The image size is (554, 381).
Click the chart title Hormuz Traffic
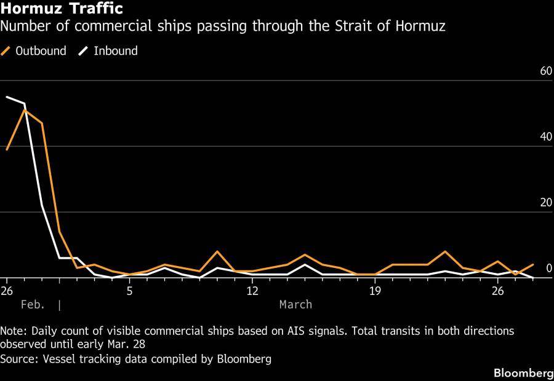click(62, 9)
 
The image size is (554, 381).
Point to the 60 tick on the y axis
click(545, 71)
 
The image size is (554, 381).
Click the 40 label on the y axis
click(545, 137)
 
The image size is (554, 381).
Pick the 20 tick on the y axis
click(545, 203)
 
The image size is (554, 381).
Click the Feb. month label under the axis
click(31, 304)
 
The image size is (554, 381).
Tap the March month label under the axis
click(295, 304)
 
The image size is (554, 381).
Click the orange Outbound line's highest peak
click(24, 109)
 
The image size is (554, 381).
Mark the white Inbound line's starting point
click(7, 96)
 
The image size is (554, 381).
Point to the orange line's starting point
click(7, 149)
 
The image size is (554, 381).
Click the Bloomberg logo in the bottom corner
click(523, 373)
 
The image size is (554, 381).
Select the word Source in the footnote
click(18, 358)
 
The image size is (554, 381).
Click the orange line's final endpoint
click(533, 265)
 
